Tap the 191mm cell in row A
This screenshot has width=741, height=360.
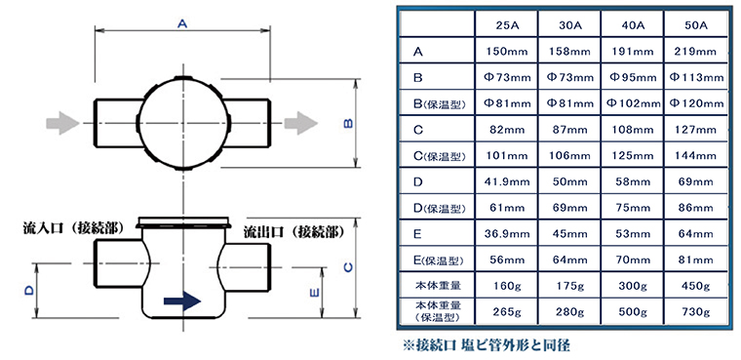point(633,52)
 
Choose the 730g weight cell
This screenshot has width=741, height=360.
point(695,312)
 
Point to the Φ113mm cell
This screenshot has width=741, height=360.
point(695,78)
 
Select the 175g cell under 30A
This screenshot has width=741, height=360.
point(569,286)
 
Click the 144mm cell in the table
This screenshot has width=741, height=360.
point(695,156)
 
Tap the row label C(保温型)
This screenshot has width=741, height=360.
point(437,156)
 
